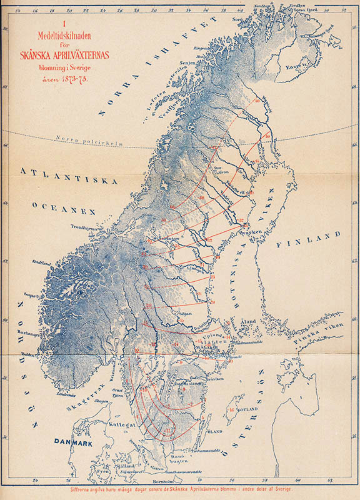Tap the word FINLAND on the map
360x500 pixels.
click(x=311, y=239)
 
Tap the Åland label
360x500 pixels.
click(x=249, y=321)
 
